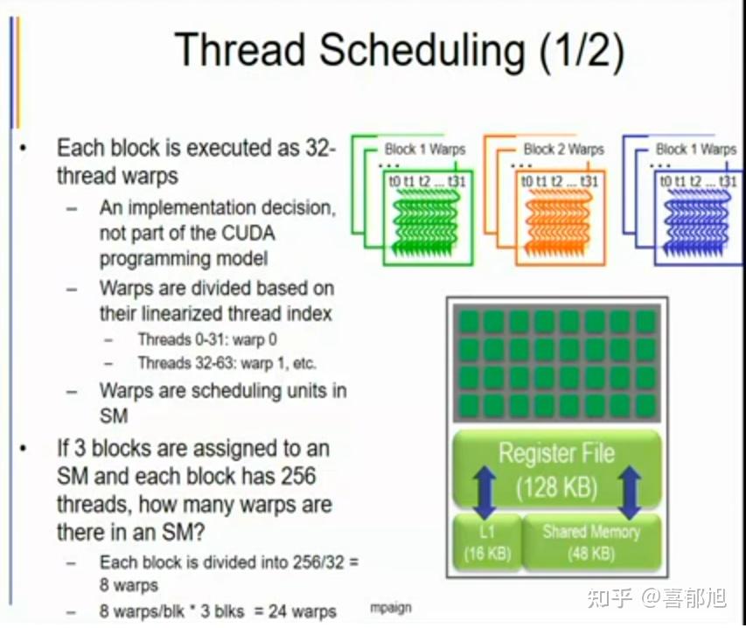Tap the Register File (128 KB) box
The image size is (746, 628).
(556, 469)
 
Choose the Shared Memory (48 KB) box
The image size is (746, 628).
(591, 542)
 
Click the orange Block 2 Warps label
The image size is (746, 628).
(563, 150)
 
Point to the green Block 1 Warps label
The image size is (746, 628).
(425, 150)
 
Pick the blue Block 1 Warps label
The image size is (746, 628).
(696, 150)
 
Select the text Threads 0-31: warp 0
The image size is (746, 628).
(207, 339)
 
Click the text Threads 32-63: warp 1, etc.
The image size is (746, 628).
(227, 363)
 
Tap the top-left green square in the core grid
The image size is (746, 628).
(470, 321)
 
